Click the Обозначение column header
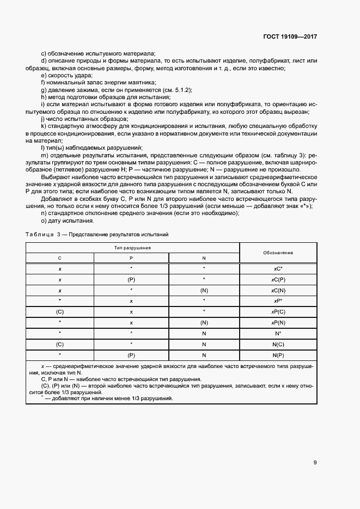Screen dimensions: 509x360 pyautogui.click(x=278, y=253)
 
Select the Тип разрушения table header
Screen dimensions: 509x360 pyautogui.click(x=132, y=248)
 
